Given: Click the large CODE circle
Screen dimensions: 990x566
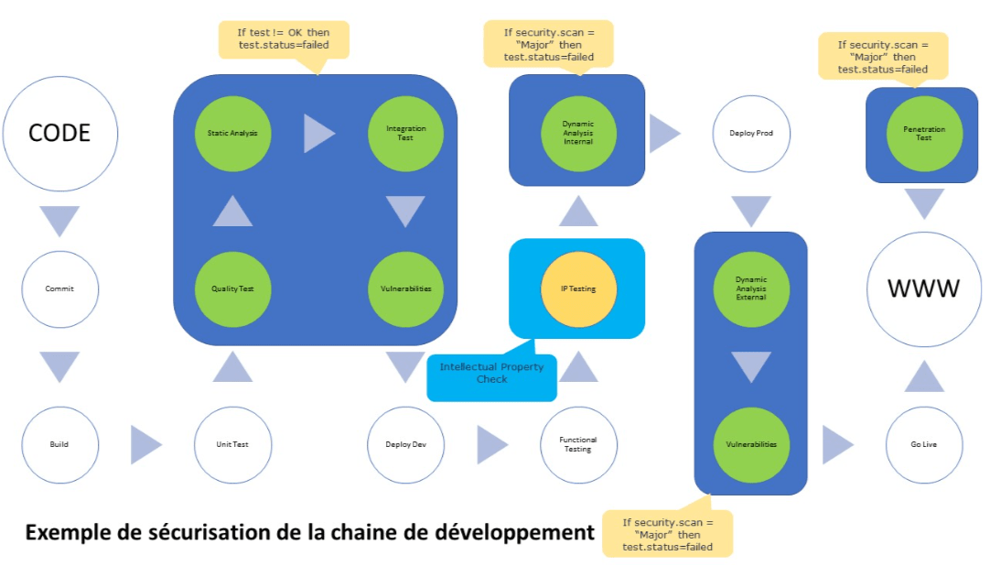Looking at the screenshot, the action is (x=60, y=134).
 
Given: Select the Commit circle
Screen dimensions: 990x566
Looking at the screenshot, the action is (x=60, y=288).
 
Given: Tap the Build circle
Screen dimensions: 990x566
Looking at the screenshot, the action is (x=60, y=445).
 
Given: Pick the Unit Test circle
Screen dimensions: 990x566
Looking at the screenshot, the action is (x=233, y=445).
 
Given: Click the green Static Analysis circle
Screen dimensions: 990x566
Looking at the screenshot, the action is (x=233, y=134).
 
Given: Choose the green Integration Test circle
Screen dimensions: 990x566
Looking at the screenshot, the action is (x=405, y=134).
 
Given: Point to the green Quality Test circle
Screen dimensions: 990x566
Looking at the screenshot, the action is (x=233, y=288).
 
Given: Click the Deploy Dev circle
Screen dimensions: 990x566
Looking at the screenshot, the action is (x=405, y=445).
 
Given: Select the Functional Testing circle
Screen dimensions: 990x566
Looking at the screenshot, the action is (x=578, y=445).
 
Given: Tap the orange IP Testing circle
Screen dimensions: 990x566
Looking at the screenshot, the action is (x=578, y=288).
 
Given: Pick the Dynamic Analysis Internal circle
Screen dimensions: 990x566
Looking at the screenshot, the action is (x=578, y=134).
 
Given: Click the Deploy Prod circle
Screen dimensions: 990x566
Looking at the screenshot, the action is (x=751, y=134).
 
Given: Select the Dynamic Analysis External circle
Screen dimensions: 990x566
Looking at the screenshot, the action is (x=751, y=288).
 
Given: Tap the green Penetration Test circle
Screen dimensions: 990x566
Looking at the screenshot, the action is (x=924, y=134).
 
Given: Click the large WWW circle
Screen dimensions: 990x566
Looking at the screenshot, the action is (x=924, y=288).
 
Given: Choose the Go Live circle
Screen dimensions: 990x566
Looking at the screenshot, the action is (x=924, y=445).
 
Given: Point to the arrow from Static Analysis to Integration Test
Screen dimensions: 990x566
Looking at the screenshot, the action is (x=317, y=134).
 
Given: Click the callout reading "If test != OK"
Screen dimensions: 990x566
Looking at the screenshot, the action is (x=285, y=40).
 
